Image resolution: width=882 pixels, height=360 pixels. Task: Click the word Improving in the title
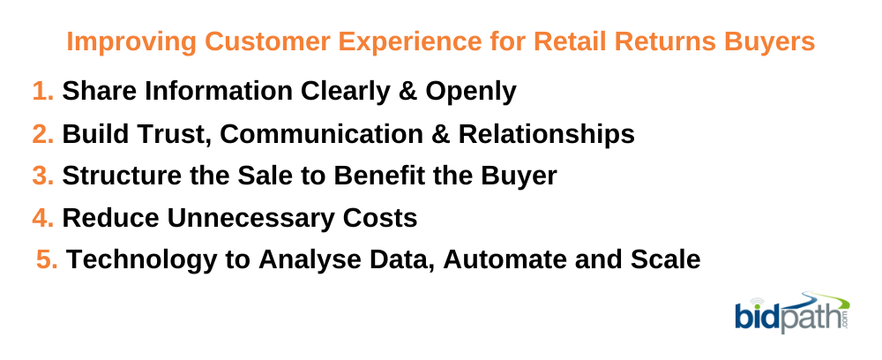click(x=131, y=41)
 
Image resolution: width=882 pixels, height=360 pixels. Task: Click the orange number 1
click(x=42, y=91)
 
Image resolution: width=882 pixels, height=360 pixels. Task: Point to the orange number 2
click(x=42, y=134)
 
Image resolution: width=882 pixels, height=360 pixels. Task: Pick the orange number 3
click(x=42, y=176)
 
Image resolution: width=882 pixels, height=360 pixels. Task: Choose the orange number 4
click(x=42, y=218)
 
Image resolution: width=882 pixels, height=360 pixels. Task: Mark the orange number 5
click(x=48, y=260)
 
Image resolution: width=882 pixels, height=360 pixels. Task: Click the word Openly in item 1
click(x=471, y=92)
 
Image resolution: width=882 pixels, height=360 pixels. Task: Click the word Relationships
click(x=547, y=134)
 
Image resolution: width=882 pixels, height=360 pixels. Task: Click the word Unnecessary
click(x=250, y=219)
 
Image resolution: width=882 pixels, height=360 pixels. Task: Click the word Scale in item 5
click(x=665, y=260)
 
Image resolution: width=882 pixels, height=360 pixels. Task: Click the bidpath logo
click(x=792, y=312)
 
